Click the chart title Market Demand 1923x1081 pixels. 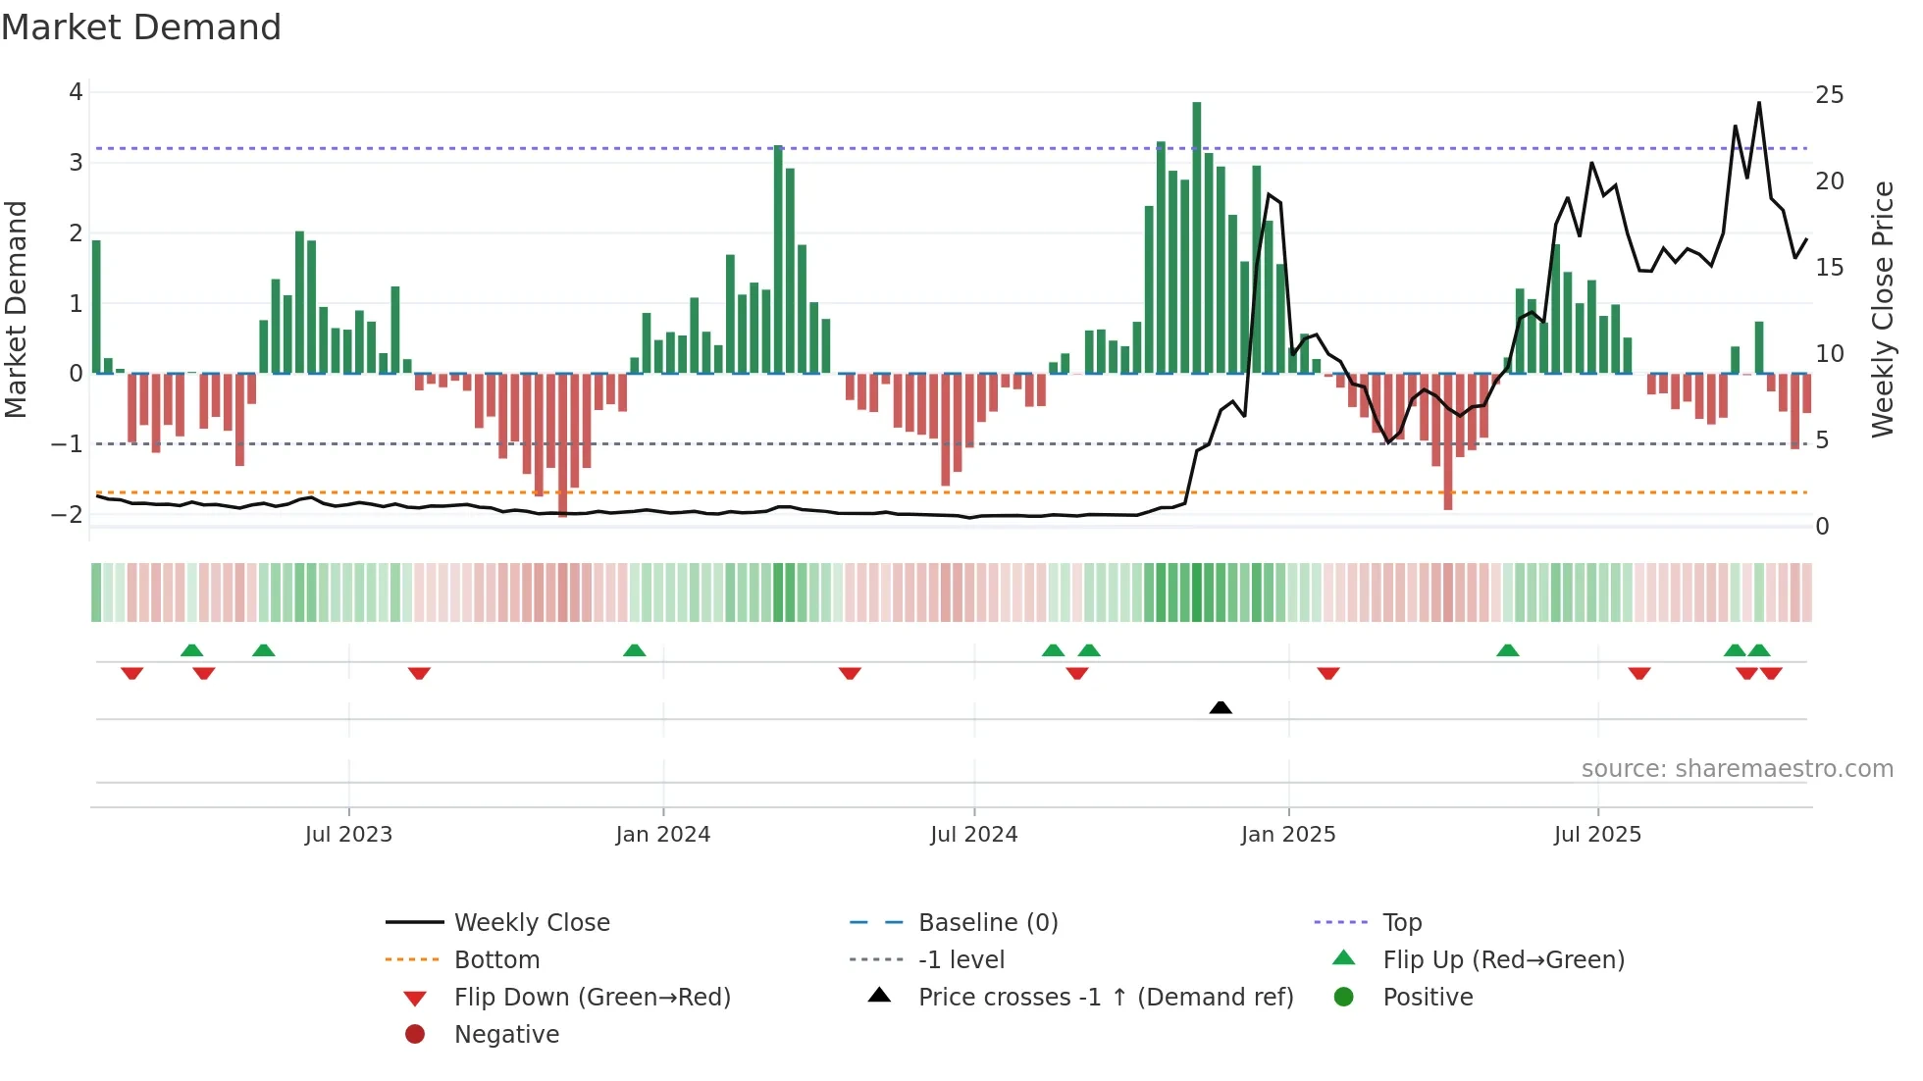point(141,27)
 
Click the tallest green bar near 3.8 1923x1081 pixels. point(1196,235)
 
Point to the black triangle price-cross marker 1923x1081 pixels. point(1221,707)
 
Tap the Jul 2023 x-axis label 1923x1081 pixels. point(348,835)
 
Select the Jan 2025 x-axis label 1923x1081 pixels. point(1288,835)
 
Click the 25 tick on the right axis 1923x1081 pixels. point(1829,95)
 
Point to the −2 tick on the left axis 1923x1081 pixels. point(67,515)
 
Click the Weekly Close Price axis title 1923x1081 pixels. point(1882,309)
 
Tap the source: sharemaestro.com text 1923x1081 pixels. point(1737,769)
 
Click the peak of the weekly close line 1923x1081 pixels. point(1759,103)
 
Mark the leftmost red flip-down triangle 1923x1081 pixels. point(132,673)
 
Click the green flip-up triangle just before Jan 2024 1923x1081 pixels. point(635,650)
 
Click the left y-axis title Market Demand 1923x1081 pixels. point(16,309)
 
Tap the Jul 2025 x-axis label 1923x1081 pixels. point(1597,835)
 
